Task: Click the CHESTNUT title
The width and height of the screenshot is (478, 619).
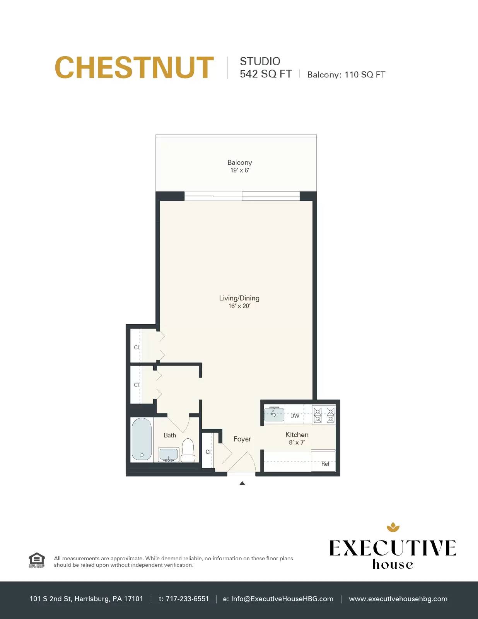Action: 134,67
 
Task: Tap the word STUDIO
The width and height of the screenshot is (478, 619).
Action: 260,61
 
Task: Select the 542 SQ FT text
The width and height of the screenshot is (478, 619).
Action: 266,74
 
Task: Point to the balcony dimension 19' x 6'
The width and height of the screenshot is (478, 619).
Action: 239,170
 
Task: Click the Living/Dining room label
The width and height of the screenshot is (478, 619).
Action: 239,298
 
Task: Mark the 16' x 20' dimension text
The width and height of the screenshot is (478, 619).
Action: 239,306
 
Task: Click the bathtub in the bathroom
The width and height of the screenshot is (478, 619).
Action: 142,439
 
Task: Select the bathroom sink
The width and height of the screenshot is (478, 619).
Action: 169,454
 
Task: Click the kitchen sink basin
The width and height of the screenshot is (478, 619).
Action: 274,414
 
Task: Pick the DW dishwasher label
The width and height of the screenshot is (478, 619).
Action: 295,416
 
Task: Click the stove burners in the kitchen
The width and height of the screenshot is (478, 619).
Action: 324,415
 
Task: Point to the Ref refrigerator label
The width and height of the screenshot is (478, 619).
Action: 325,464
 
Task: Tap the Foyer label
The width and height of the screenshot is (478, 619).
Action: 242,439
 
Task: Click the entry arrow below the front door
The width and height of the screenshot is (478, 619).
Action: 242,483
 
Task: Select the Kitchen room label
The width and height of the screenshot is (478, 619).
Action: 297,435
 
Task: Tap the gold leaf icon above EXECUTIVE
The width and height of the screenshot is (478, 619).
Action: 393,527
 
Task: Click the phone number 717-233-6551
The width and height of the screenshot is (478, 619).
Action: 187,599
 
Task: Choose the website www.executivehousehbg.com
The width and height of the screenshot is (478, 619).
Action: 398,599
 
